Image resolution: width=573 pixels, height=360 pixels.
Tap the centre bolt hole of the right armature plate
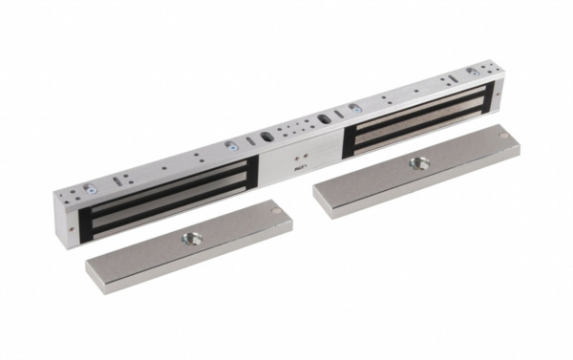417,163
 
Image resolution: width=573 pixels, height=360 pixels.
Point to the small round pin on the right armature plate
503,136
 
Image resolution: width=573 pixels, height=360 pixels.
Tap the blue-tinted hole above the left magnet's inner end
230,145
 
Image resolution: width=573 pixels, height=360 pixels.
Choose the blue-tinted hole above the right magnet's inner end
354,107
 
